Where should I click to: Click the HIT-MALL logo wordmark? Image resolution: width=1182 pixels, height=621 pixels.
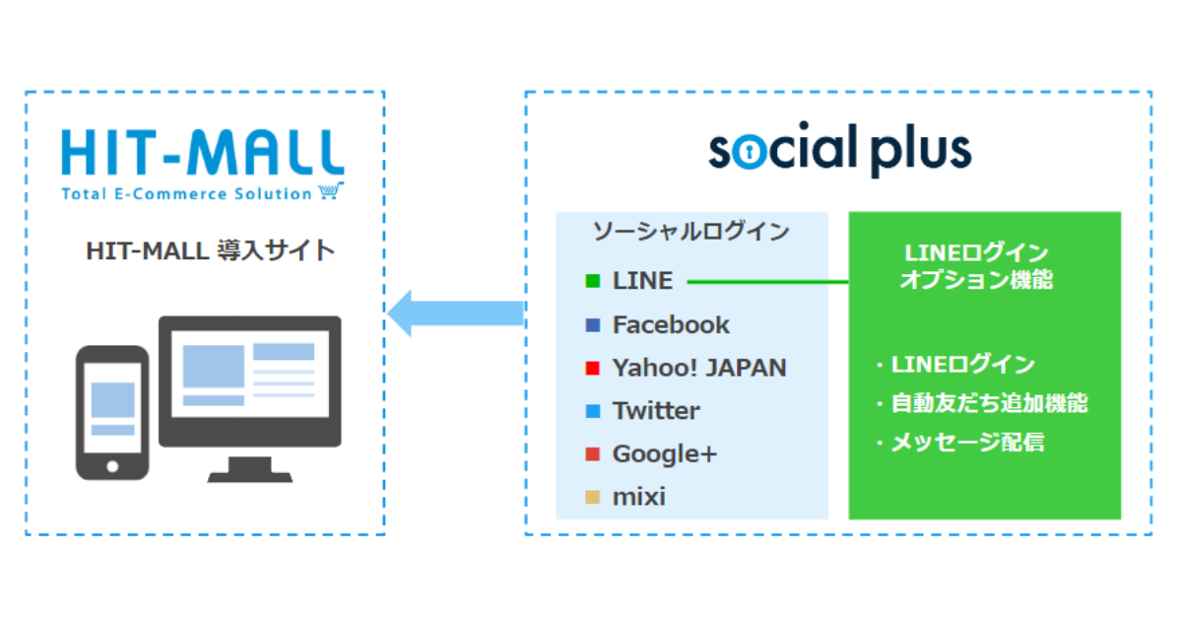pyautogui.click(x=203, y=152)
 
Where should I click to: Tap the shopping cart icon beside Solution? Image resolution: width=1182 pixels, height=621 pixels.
pyautogui.click(x=331, y=190)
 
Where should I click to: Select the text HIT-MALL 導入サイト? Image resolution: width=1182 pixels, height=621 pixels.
pyautogui.click(x=210, y=250)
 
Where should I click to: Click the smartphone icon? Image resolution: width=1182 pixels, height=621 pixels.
pyautogui.click(x=112, y=412)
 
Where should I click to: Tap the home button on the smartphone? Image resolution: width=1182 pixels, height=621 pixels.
pyautogui.click(x=112, y=466)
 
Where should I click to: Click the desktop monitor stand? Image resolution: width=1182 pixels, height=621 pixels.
pyautogui.click(x=249, y=469)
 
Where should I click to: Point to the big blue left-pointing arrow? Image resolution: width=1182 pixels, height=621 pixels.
pyautogui.click(x=455, y=313)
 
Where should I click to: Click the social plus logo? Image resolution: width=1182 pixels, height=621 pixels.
pyautogui.click(x=840, y=149)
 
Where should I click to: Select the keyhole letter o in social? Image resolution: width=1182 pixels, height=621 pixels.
pyautogui.click(x=750, y=152)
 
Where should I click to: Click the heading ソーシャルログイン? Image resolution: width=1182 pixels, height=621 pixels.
pyautogui.click(x=691, y=232)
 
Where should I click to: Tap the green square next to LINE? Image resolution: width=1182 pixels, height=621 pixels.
pyautogui.click(x=593, y=281)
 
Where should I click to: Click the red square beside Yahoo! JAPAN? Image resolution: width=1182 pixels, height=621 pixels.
pyautogui.click(x=593, y=368)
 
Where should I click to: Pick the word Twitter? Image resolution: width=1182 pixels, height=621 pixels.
pyautogui.click(x=656, y=411)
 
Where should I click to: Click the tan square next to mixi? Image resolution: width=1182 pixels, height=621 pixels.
pyautogui.click(x=593, y=498)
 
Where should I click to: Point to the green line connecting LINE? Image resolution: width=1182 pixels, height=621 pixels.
pyautogui.click(x=767, y=282)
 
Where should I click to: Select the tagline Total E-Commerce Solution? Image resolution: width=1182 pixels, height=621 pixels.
pyautogui.click(x=187, y=194)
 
